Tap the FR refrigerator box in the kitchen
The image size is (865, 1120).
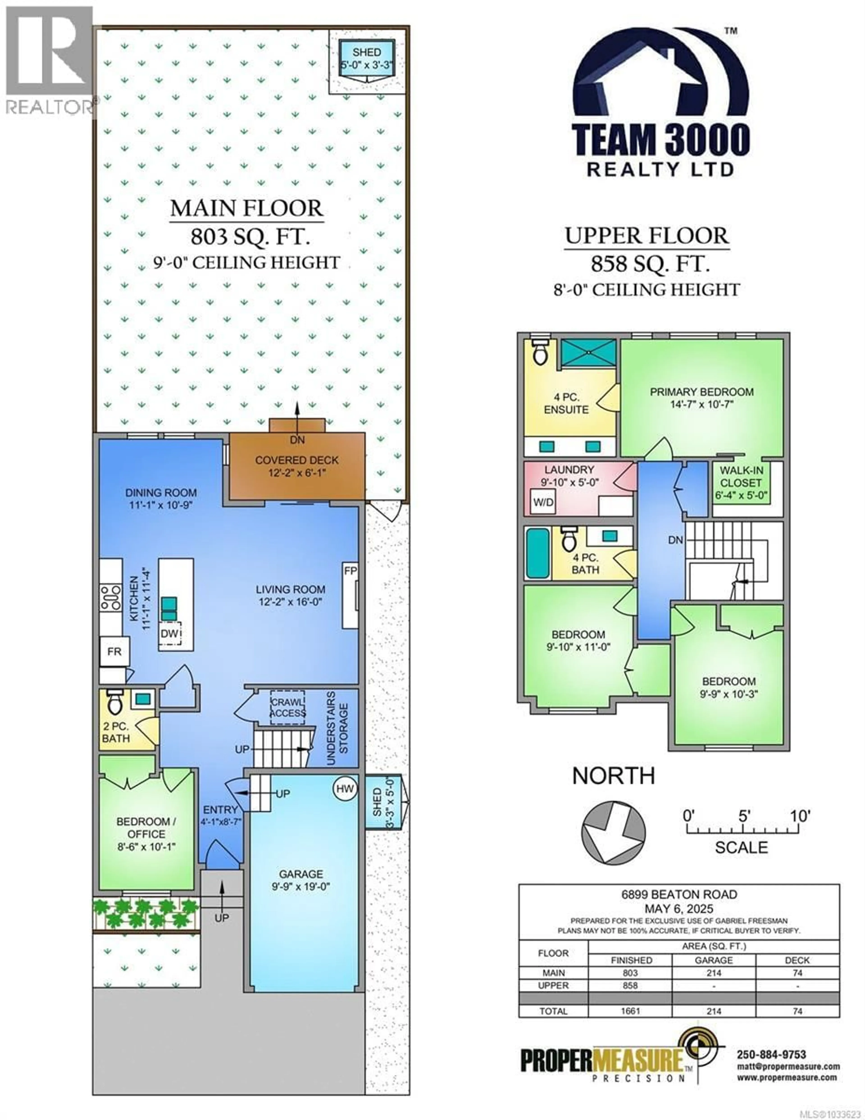coord(114,651)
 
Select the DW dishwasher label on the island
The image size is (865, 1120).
coord(170,634)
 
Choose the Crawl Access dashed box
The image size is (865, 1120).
coord(288,708)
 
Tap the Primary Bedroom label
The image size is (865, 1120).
coord(701,397)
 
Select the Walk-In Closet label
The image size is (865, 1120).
coord(741,483)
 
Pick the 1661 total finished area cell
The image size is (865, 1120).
coord(630,1011)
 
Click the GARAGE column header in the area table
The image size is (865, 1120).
coord(713,960)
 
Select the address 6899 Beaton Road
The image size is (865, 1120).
coord(679,894)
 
